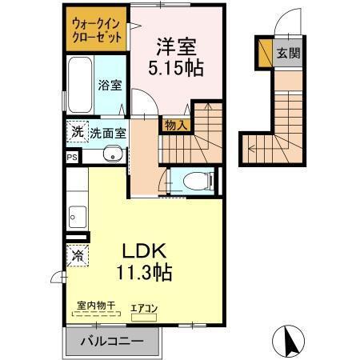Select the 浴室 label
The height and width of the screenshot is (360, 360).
tap(110, 85)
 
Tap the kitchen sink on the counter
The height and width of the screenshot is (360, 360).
tap(77, 214)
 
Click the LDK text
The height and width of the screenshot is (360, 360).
tap(146, 251)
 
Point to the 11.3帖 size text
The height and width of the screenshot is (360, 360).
tap(146, 272)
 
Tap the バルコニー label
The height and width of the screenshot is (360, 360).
tap(112, 342)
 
